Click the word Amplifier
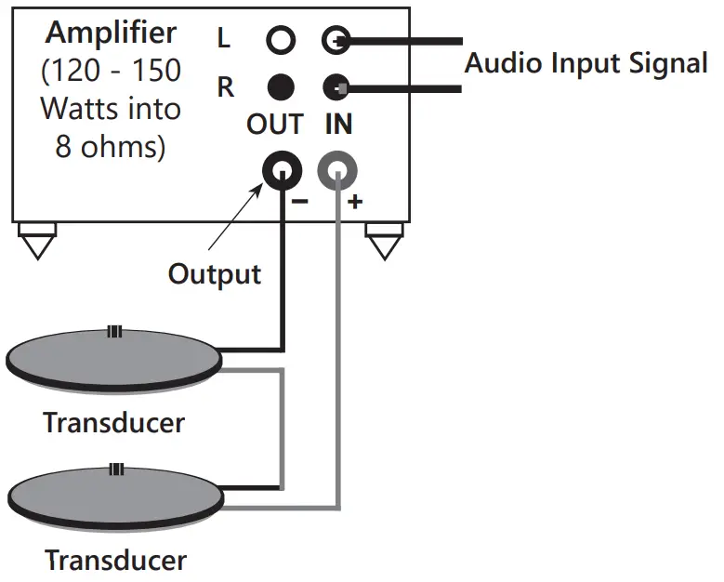(112, 33)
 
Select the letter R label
(225, 88)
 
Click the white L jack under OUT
(281, 40)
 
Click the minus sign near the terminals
(300, 200)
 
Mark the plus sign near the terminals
(355, 201)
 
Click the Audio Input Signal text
(586, 64)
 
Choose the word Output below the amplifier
(214, 273)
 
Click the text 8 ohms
(111, 147)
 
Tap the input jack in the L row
(336, 40)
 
